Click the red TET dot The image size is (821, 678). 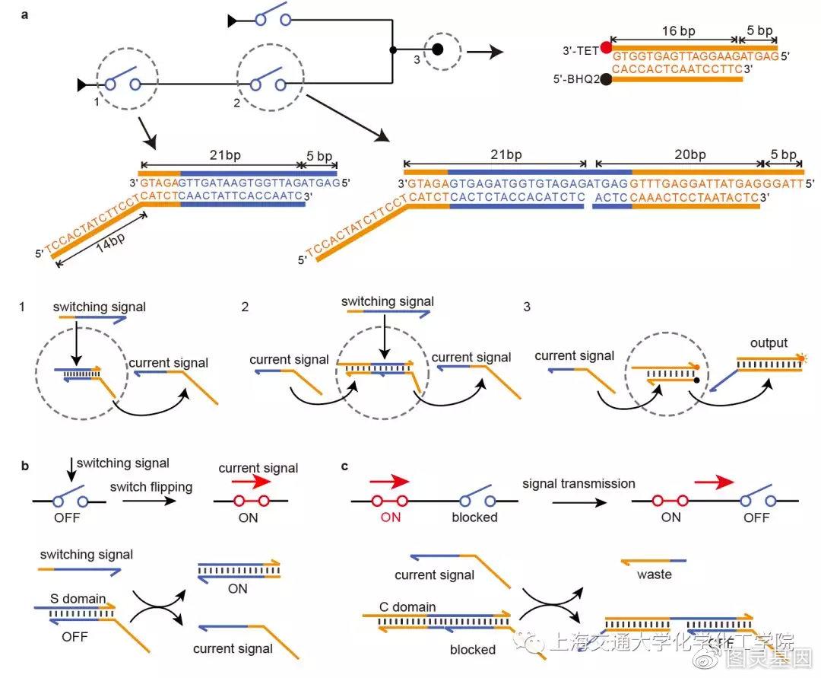tap(606, 49)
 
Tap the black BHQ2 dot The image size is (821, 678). tap(606, 79)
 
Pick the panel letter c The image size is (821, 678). tap(344, 466)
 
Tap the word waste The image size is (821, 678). tap(655, 575)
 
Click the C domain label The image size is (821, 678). tap(408, 606)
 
